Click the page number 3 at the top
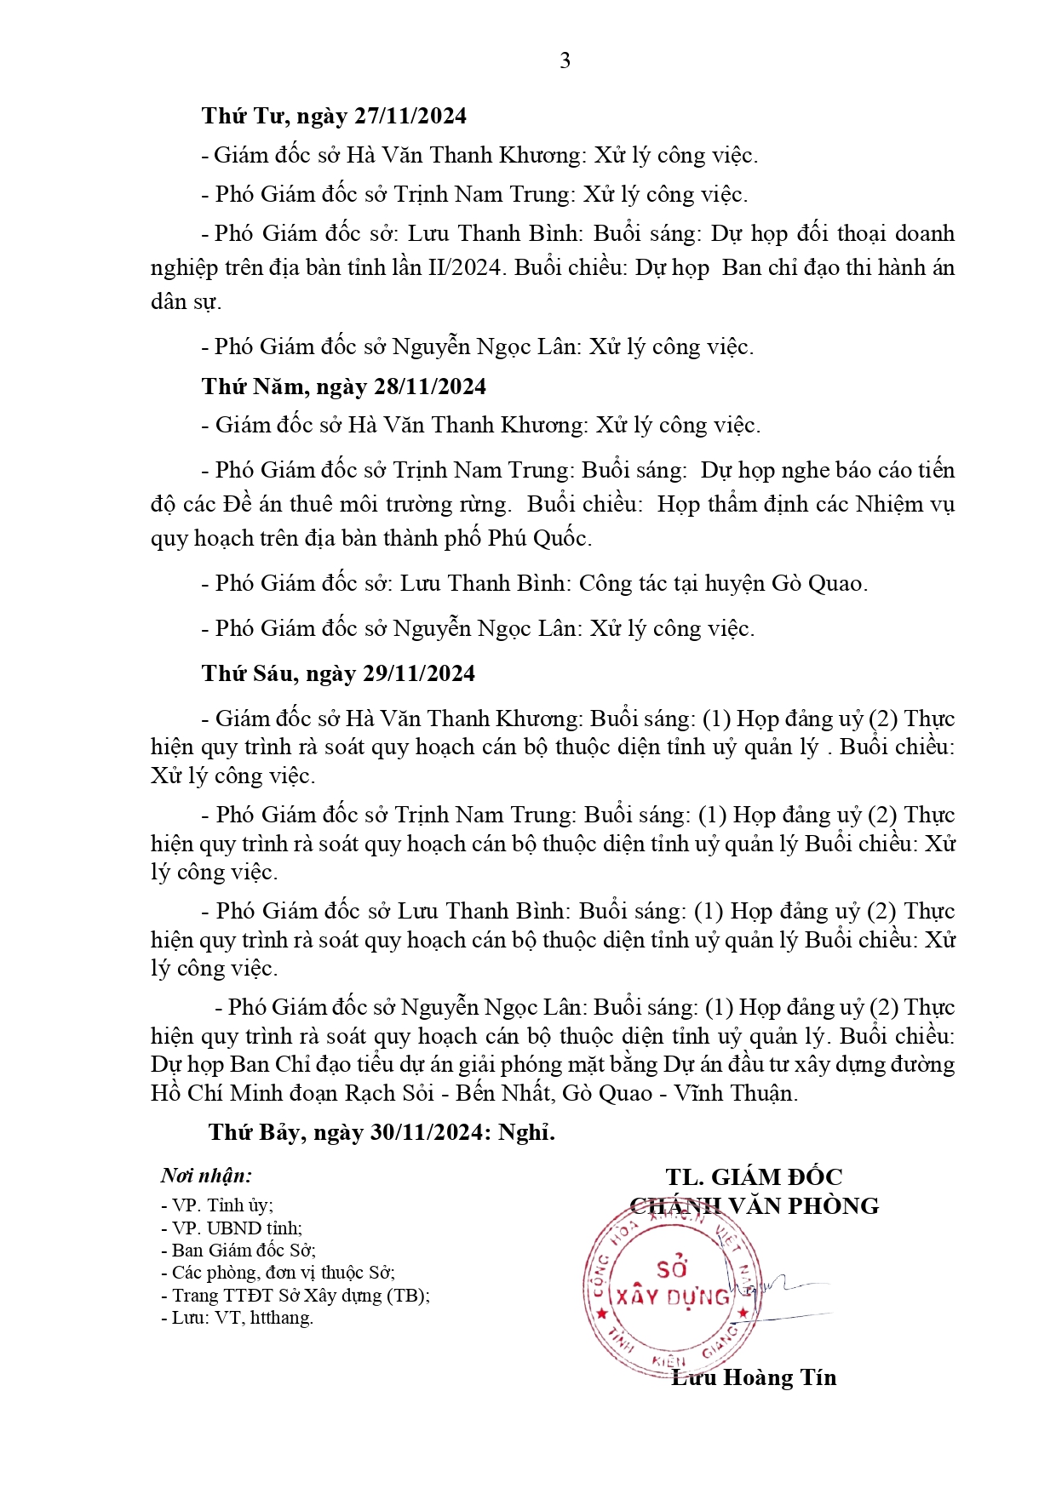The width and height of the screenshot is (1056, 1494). [565, 60]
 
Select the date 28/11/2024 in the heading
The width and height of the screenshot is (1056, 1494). [430, 386]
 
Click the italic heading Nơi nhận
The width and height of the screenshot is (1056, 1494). [206, 1176]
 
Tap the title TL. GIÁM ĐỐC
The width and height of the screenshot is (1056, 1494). [754, 1176]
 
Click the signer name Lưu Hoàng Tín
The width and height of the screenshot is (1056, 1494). [754, 1377]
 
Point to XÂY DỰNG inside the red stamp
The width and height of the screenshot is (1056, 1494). [673, 1297]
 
